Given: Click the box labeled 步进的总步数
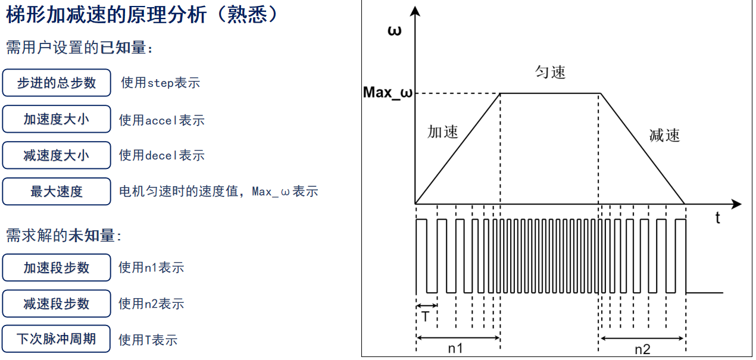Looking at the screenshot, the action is coord(57,83).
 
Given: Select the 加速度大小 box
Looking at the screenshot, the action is coord(57,119).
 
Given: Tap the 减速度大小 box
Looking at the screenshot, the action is coord(57,155).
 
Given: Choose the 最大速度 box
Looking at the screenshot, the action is coord(57,192).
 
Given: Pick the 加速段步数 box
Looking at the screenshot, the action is coord(57,268).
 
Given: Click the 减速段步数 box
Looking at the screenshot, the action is coord(57,303).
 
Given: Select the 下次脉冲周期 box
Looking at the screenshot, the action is coord(57,339).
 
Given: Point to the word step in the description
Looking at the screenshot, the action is coord(160,83).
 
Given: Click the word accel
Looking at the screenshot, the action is coord(162,121).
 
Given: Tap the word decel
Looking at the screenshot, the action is coord(162,156).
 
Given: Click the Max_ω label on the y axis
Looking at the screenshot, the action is coord(388,93).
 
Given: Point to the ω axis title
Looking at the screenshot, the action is coord(394,31).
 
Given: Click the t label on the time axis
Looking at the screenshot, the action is coord(717,218).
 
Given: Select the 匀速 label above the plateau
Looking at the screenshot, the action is coord(550,73).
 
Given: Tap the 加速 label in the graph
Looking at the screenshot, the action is coord(443,132).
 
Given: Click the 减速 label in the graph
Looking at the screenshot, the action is coord(664,136).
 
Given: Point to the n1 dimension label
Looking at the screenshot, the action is coord(455,349).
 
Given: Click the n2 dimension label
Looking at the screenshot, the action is coord(642,349).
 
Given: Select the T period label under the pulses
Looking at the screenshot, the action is coord(425,317).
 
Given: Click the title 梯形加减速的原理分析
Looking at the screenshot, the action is coord(113,15).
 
